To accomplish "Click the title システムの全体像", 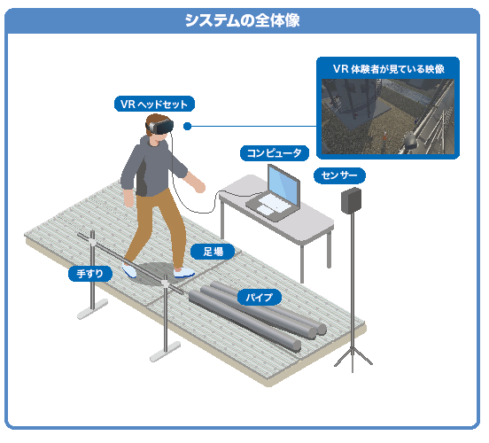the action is (243, 20).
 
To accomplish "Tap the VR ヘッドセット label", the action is (154, 104).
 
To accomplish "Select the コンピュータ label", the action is (275, 153).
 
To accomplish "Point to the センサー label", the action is (339, 175).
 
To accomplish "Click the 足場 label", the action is (213, 252).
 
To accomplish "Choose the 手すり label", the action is (90, 274).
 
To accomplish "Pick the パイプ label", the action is (260, 298).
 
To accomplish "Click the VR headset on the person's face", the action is (161, 127).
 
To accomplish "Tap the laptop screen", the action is (284, 185).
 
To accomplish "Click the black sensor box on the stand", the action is (352, 200).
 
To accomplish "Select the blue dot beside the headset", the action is (187, 127).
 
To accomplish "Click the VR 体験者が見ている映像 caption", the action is (388, 69).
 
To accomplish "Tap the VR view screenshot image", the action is (388, 116).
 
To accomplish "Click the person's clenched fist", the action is (199, 187).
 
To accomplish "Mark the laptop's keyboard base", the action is (269, 206).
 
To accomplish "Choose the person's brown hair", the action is (154, 122).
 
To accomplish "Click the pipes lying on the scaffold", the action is (257, 316).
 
